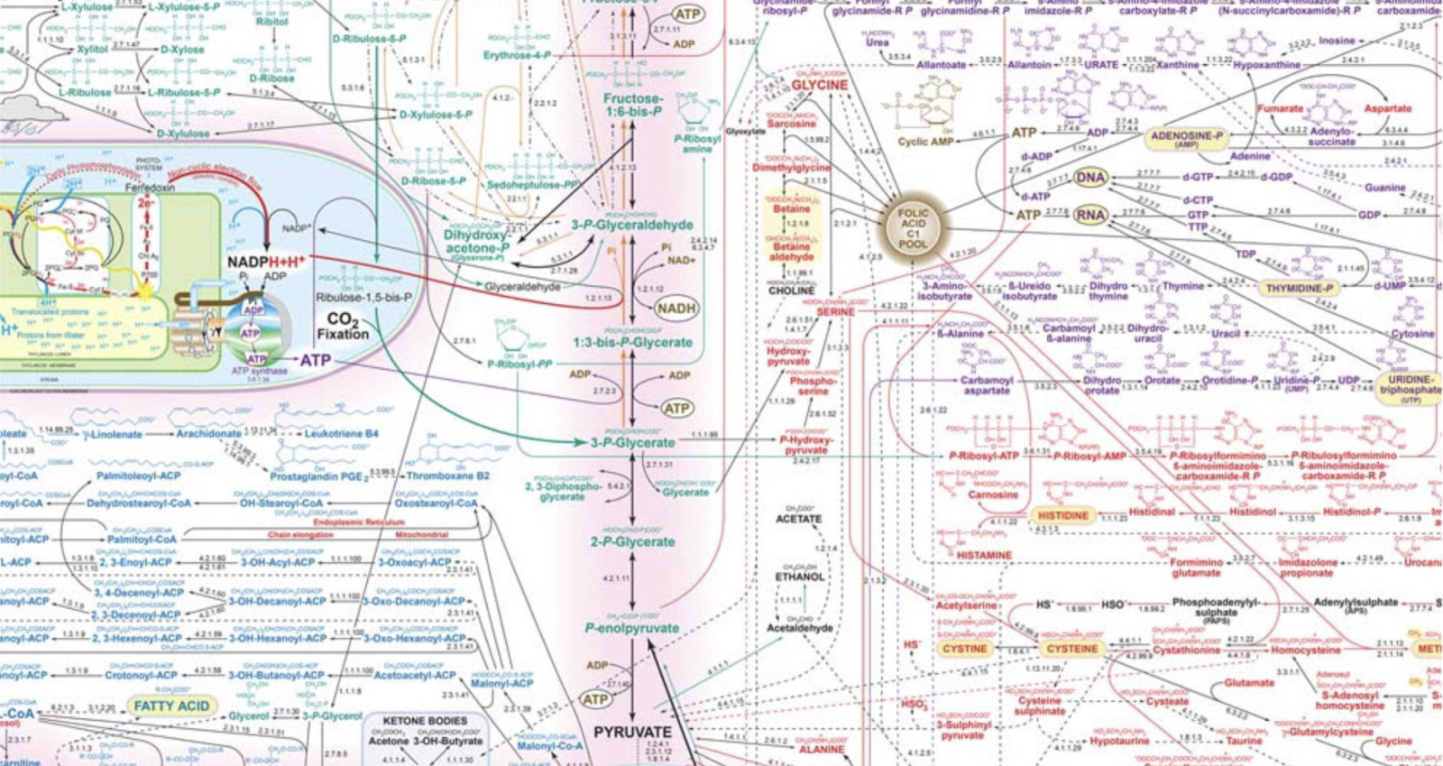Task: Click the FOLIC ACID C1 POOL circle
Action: tap(913, 228)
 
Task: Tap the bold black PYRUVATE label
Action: tap(632, 732)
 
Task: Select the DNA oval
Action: tap(1090, 178)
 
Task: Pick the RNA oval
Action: tap(1090, 215)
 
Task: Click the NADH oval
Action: tap(676, 308)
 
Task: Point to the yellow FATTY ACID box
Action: tap(171, 706)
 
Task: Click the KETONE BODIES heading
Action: tap(425, 721)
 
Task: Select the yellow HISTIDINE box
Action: tap(1063, 515)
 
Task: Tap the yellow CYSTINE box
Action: tap(964, 648)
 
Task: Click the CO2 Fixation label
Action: tap(343, 326)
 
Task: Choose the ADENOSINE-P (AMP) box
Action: tap(1187, 139)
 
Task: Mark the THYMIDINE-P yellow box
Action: tap(1299, 289)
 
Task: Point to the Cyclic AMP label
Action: tap(925, 142)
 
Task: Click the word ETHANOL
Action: tap(800, 577)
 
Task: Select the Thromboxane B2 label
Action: tap(447, 475)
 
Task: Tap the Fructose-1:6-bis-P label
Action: tap(632, 105)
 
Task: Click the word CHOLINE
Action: tap(791, 291)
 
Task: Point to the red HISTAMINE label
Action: tap(984, 555)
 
